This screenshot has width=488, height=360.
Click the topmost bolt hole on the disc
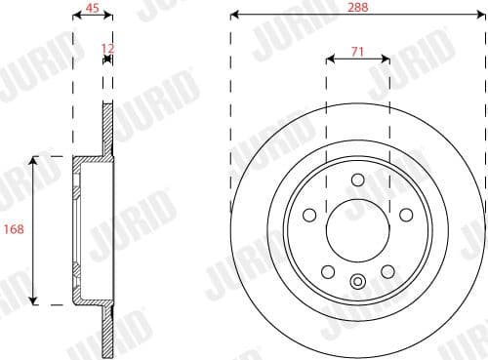click(357, 179)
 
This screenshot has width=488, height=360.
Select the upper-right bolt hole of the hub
click(406, 214)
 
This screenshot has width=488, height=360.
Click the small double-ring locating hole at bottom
click(357, 283)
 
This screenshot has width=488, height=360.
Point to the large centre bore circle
click(357, 230)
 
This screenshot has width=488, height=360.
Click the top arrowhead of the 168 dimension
click(36, 158)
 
